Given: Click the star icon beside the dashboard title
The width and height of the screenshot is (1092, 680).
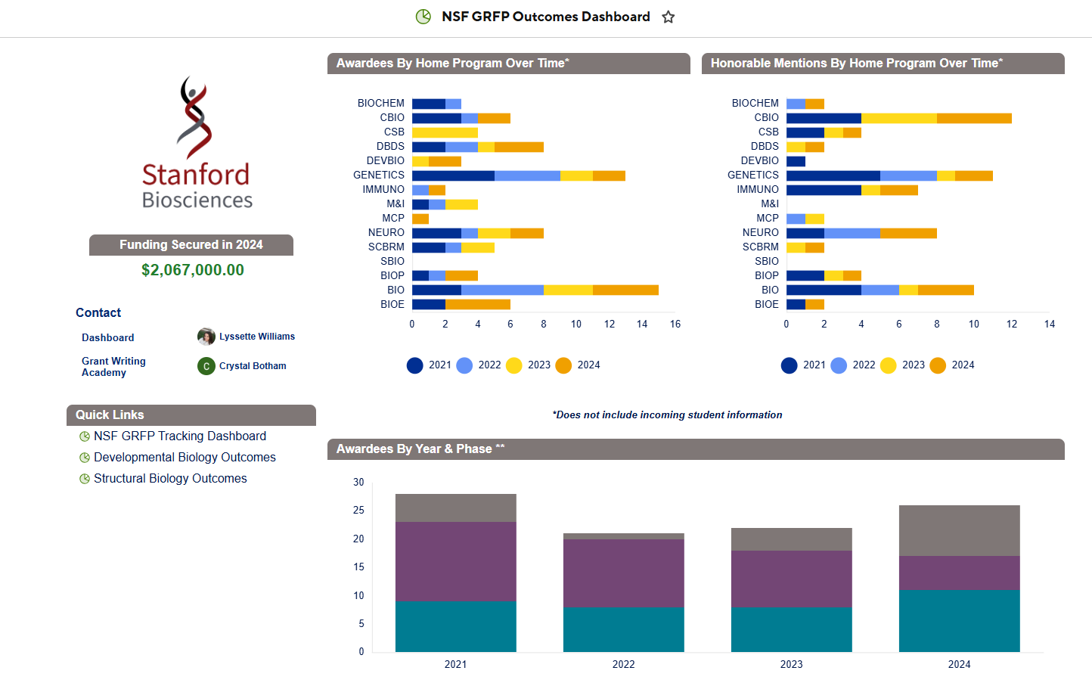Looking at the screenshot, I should pyautogui.click(x=669, y=17).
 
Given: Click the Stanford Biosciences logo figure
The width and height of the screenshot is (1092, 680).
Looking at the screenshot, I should pyautogui.click(x=194, y=117).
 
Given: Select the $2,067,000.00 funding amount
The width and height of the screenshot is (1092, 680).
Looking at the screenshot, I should pyautogui.click(x=193, y=270).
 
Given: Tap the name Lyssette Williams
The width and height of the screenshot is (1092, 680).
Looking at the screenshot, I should pyautogui.click(x=257, y=337).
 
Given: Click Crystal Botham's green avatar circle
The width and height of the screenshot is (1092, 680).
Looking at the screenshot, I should pyautogui.click(x=206, y=366).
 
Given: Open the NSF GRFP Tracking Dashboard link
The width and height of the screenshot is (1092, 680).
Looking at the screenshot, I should pyautogui.click(x=180, y=436).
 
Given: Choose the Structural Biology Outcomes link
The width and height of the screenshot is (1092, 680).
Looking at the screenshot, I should pyautogui.click(x=170, y=479).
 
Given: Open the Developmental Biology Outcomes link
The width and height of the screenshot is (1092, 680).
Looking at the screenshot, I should pyautogui.click(x=185, y=458).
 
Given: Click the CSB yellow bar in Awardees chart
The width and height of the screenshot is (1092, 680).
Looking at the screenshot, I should pyautogui.click(x=445, y=132).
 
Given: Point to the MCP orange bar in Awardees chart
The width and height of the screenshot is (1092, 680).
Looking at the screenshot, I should pyautogui.click(x=420, y=219).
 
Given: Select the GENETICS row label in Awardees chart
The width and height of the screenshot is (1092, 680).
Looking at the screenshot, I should pyautogui.click(x=379, y=175).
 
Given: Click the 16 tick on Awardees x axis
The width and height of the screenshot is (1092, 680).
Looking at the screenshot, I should pyautogui.click(x=675, y=324).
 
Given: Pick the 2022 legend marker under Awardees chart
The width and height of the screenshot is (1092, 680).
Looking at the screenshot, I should pyautogui.click(x=464, y=365).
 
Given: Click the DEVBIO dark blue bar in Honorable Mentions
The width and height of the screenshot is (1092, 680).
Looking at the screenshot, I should pyautogui.click(x=796, y=161).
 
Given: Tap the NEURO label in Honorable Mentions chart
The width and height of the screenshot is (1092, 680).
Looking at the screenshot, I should pyautogui.click(x=760, y=233).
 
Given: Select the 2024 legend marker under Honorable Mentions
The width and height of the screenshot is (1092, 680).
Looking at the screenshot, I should pyautogui.click(x=938, y=365).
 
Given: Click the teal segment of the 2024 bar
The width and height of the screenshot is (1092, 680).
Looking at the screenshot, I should pyautogui.click(x=959, y=620).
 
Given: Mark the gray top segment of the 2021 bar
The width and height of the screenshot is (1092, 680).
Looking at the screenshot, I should pyautogui.click(x=455, y=508).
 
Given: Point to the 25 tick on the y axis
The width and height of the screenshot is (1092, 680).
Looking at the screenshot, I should pyautogui.click(x=358, y=511).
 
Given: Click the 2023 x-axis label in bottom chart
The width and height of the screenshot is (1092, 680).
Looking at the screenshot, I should pyautogui.click(x=791, y=665).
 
